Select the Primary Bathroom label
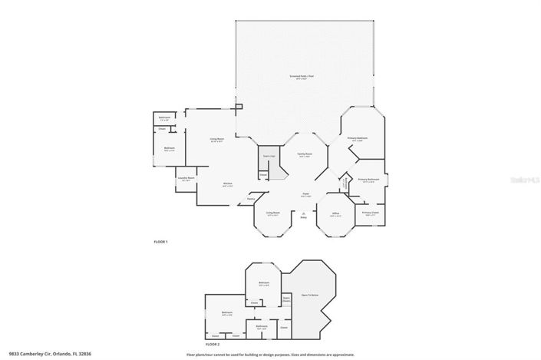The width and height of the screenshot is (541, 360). (369, 180)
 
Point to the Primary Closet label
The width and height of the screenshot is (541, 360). (370, 213)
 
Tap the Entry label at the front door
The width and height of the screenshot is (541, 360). (303, 218)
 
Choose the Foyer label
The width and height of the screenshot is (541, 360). (305, 193)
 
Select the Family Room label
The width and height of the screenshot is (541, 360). (305, 154)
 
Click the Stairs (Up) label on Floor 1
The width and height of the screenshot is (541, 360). (266, 156)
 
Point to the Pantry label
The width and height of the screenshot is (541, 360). (250, 200)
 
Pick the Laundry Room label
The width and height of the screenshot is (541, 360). (186, 178)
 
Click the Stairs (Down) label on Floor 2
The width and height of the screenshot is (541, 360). (286, 299)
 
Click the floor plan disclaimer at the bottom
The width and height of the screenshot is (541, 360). (270, 354)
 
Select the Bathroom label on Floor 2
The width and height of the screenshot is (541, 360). (262, 326)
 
